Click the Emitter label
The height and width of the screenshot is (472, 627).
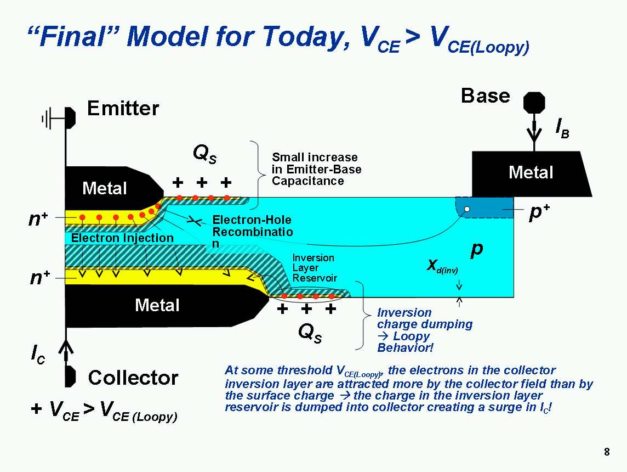click(123, 109)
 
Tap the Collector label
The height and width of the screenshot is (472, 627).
click(133, 378)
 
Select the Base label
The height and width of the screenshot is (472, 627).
click(485, 96)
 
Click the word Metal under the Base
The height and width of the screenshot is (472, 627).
click(531, 172)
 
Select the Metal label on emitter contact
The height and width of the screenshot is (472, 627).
click(104, 189)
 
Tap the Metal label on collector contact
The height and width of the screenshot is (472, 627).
click(157, 305)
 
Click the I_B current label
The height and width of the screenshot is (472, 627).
click(561, 128)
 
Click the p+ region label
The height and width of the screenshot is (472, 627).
click(539, 213)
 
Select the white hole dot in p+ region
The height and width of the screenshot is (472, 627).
click(467, 209)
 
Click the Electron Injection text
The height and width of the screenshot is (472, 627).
click(122, 238)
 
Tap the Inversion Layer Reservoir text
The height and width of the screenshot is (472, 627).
click(314, 268)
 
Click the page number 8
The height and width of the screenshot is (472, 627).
click(607, 452)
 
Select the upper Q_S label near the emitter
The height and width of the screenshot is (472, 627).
click(205, 155)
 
